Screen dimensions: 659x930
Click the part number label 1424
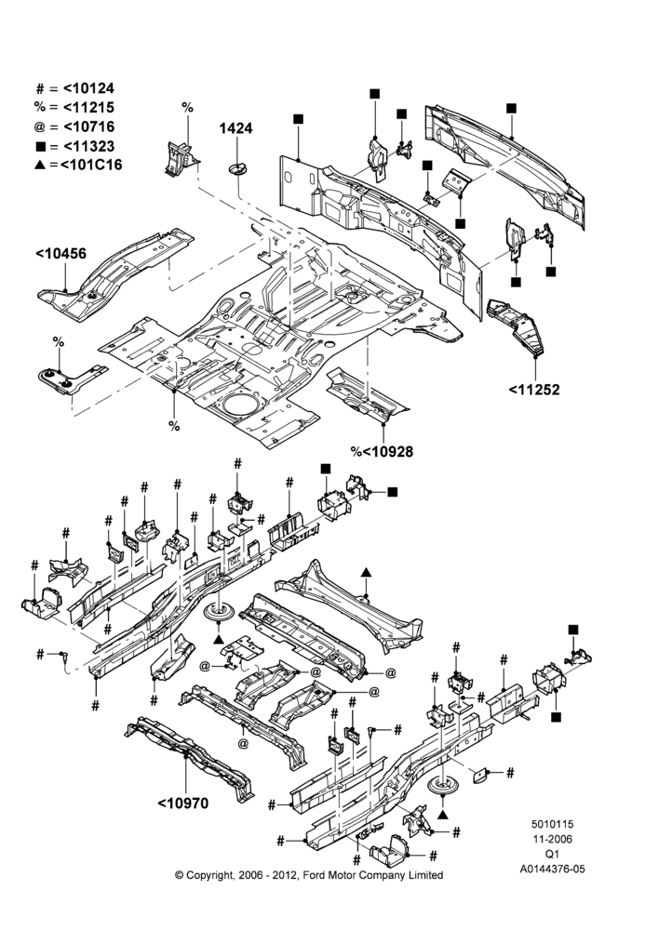click(235, 128)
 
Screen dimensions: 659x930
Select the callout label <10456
click(61, 254)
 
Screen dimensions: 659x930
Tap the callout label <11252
click(533, 390)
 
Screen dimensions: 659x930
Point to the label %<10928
click(382, 452)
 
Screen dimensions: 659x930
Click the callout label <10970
click(182, 804)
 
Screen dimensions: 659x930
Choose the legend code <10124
click(88, 88)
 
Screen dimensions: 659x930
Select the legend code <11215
click(88, 107)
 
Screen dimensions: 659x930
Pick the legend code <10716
click(88, 126)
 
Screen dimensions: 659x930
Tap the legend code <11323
click(88, 147)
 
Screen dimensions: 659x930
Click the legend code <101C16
click(91, 165)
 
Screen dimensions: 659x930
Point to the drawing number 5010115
click(552, 824)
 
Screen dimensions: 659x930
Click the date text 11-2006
click(552, 839)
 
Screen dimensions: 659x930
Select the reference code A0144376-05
click(552, 869)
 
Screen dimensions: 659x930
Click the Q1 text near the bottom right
click(552, 854)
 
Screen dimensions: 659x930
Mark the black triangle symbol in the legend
click(40, 165)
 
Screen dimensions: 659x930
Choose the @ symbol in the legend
click(40, 126)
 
